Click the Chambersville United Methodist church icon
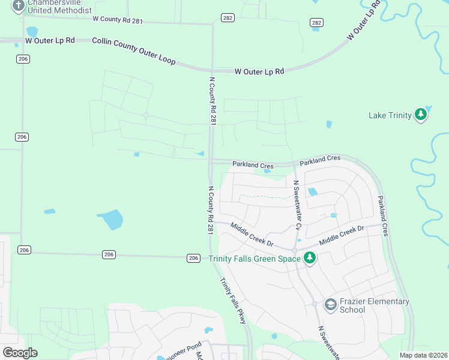pyautogui.click(x=18, y=5)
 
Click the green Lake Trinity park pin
pyautogui.click(x=421, y=114)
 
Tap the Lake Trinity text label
pyautogui.click(x=390, y=115)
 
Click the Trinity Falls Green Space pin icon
pyautogui.click(x=309, y=258)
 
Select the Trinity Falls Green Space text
pyautogui.click(x=255, y=259)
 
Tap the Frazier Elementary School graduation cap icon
pyautogui.click(x=331, y=305)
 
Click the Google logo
pyautogui.click(x=20, y=353)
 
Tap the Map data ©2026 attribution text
pyautogui.click(x=423, y=355)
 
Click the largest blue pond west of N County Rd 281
pyautogui.click(x=110, y=220)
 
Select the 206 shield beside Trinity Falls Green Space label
pyautogui.click(x=193, y=258)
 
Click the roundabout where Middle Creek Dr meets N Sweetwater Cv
pyautogui.click(x=295, y=250)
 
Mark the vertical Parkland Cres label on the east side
pyautogui.click(x=382, y=215)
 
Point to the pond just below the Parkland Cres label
pyautogui.click(x=267, y=171)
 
